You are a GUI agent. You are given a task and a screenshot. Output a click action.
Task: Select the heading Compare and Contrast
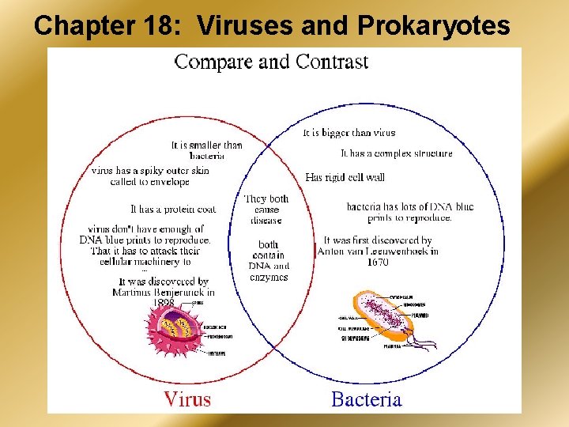[271, 61]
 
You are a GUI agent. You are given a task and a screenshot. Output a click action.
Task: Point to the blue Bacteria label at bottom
[366, 399]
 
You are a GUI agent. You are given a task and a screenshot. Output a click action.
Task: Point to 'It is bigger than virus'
[349, 133]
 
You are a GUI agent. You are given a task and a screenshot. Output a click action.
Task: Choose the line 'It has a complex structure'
[397, 153]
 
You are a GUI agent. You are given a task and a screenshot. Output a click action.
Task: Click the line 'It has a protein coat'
[173, 209]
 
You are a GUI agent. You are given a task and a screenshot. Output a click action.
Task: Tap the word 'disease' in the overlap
[266, 221]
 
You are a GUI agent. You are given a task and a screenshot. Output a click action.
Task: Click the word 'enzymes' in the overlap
[268, 277]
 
